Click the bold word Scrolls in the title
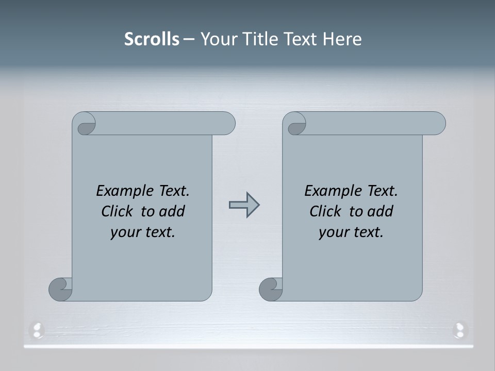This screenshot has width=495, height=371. (152, 39)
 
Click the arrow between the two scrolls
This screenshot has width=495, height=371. (244, 205)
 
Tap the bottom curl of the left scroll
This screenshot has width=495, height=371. (61, 289)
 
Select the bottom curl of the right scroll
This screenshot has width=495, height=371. (271, 289)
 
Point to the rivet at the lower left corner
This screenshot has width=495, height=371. (37, 328)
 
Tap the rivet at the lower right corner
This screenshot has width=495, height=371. (459, 328)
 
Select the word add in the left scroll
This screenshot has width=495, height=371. (172, 211)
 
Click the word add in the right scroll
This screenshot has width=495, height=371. (380, 211)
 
